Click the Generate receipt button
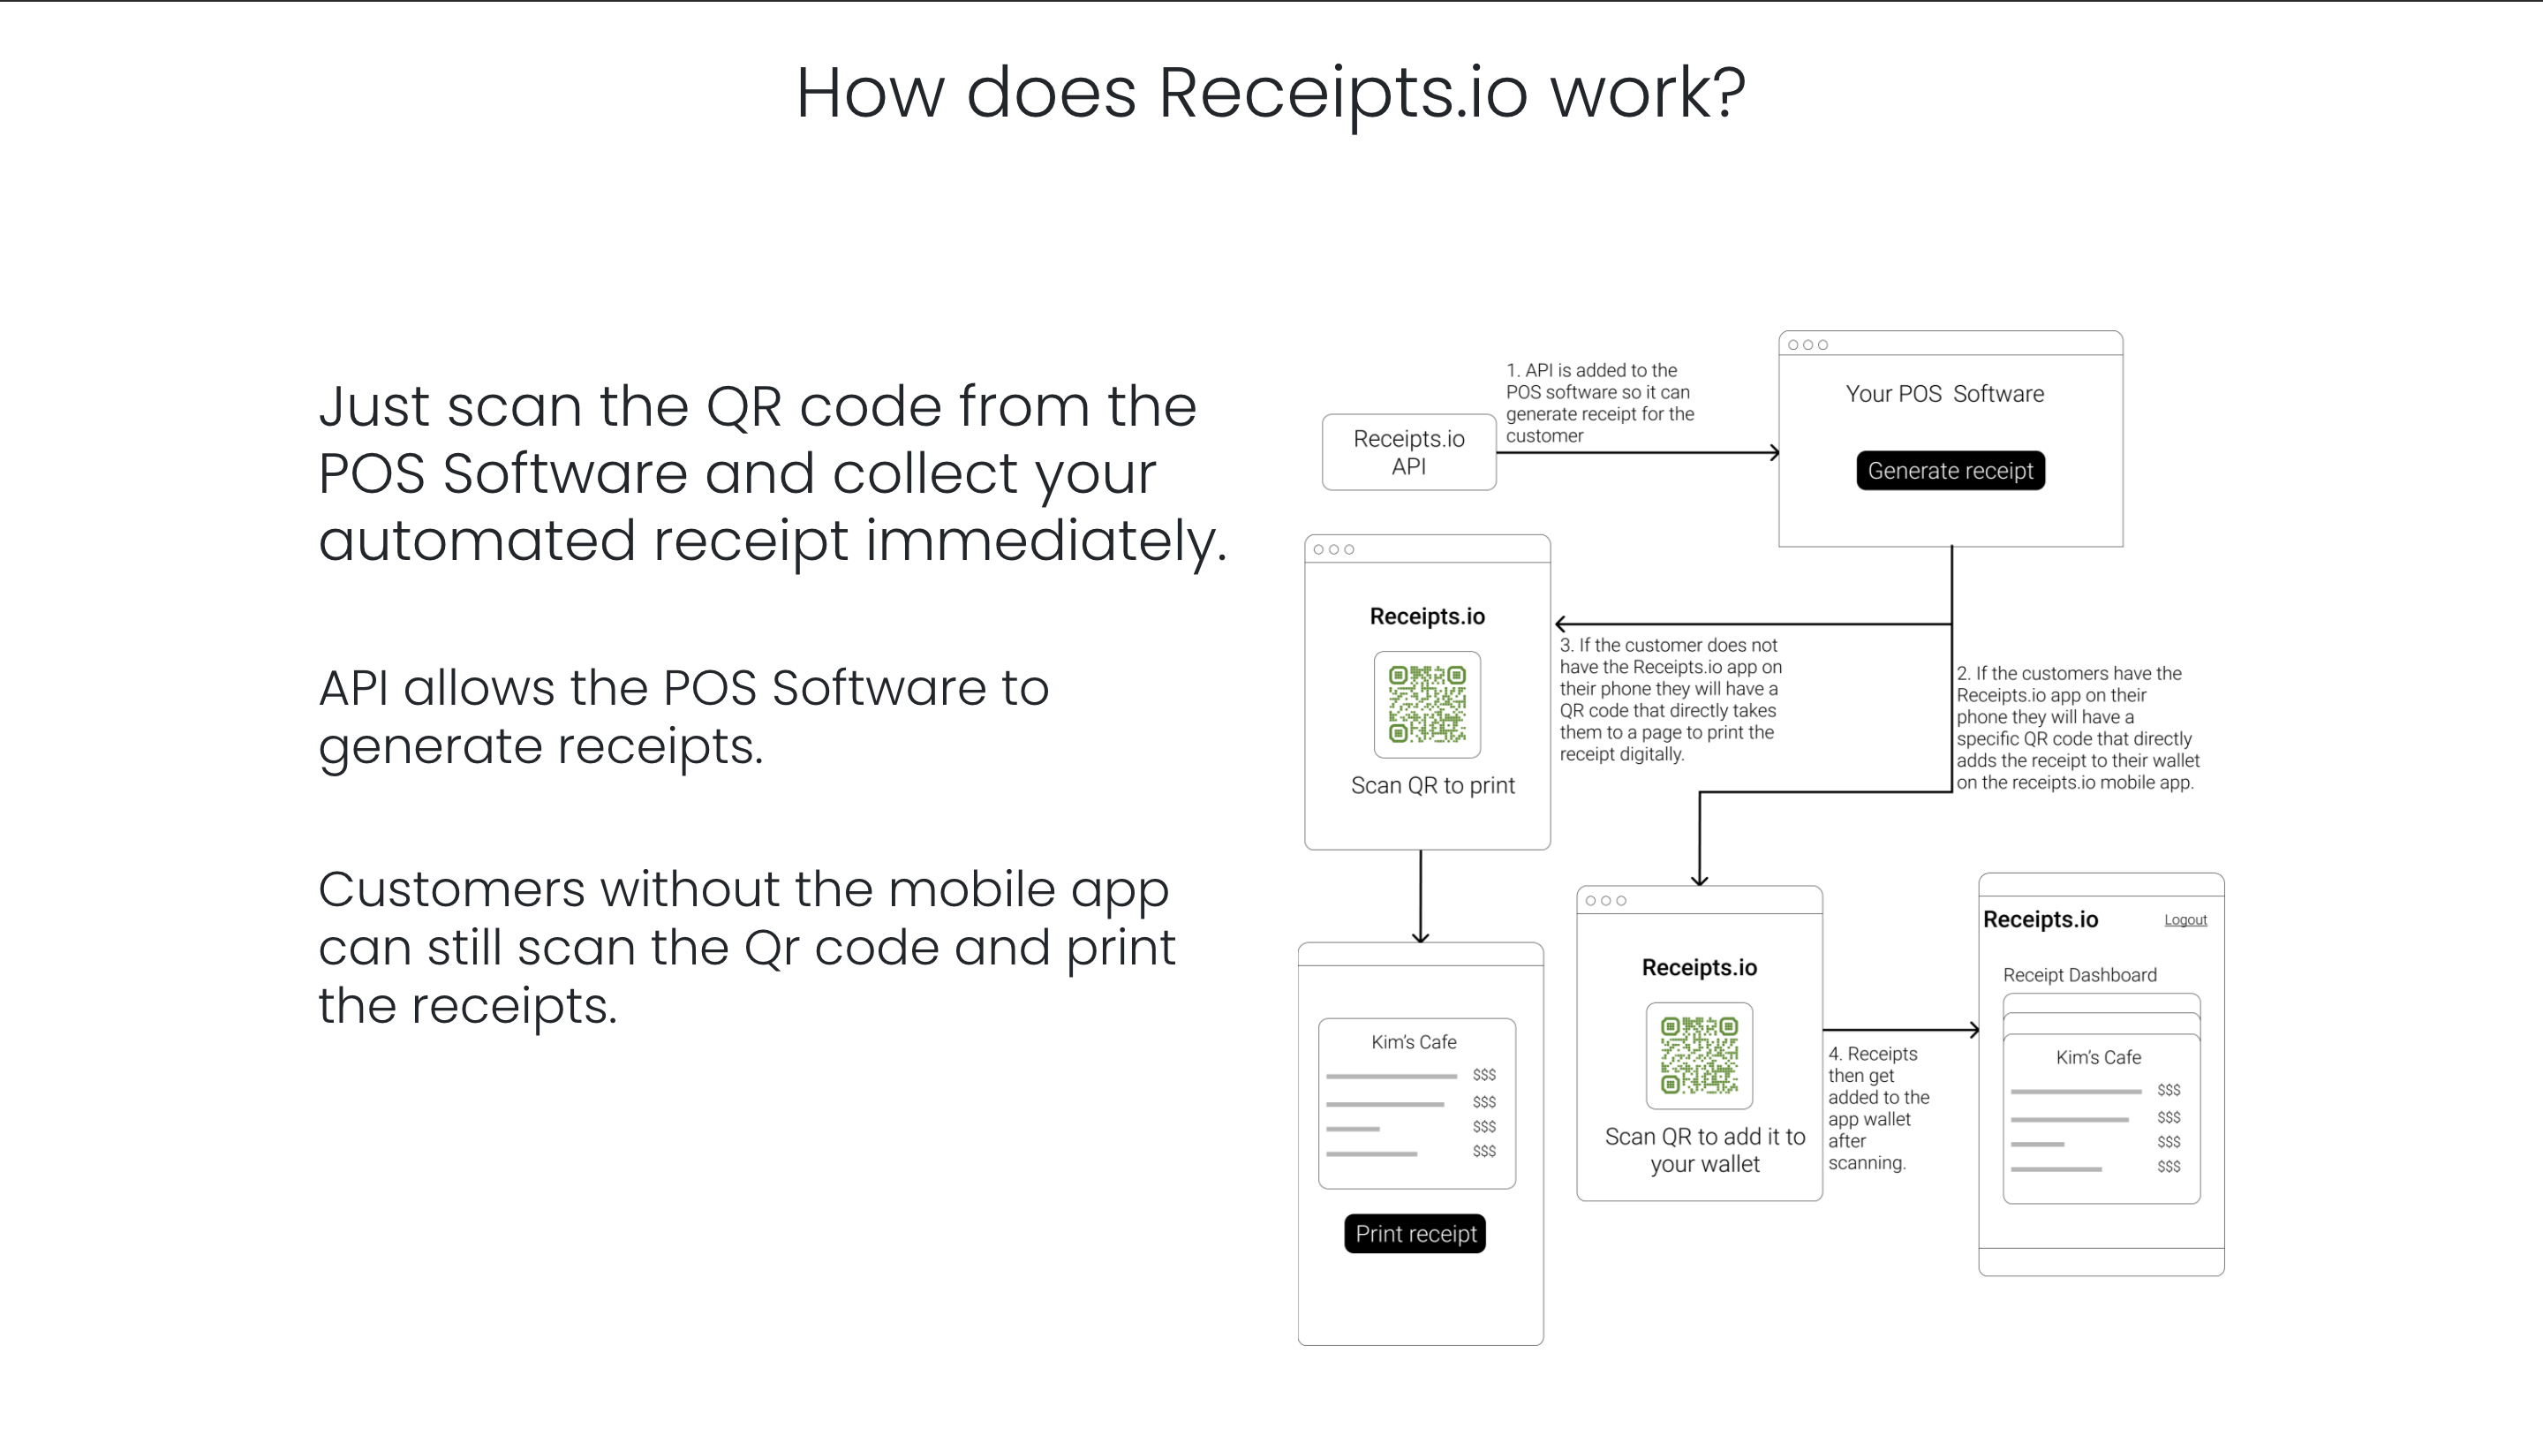point(1950,471)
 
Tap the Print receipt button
point(1415,1234)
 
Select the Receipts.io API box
point(1408,453)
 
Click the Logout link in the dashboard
point(2185,919)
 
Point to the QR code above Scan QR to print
point(1427,705)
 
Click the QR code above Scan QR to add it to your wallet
point(1699,1055)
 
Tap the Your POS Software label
point(1943,394)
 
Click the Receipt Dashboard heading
point(2079,975)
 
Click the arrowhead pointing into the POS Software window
point(1775,453)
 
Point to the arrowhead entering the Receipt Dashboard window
point(1973,1030)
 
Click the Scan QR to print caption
point(1432,786)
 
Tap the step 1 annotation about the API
point(1599,403)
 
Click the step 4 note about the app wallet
point(1877,1108)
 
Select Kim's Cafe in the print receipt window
point(1414,1042)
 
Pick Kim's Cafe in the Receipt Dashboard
point(2098,1057)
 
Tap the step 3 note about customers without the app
point(1671,700)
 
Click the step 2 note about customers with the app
point(2077,728)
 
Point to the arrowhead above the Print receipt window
point(1421,936)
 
